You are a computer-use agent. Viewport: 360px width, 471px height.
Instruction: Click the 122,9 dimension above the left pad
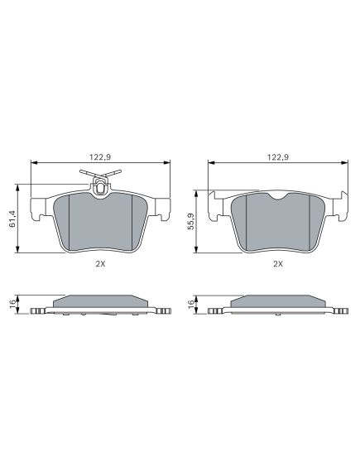tap(100, 156)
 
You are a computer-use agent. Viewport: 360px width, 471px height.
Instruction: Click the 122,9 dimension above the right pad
tap(278, 156)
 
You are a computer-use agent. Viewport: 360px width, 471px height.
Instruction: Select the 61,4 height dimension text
tap(12, 219)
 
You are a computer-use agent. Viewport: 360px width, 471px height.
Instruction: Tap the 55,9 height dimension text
tap(190, 221)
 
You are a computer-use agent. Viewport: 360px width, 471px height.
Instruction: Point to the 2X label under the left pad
tap(100, 264)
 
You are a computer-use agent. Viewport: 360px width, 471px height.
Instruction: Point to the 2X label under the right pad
tap(278, 264)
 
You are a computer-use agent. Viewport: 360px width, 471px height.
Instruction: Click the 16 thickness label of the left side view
tap(12, 305)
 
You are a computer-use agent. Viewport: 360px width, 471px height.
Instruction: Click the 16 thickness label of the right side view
tap(190, 305)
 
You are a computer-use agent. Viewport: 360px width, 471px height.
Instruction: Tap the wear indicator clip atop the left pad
tap(100, 183)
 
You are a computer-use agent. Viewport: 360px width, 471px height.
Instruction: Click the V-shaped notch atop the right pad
tap(278, 196)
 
